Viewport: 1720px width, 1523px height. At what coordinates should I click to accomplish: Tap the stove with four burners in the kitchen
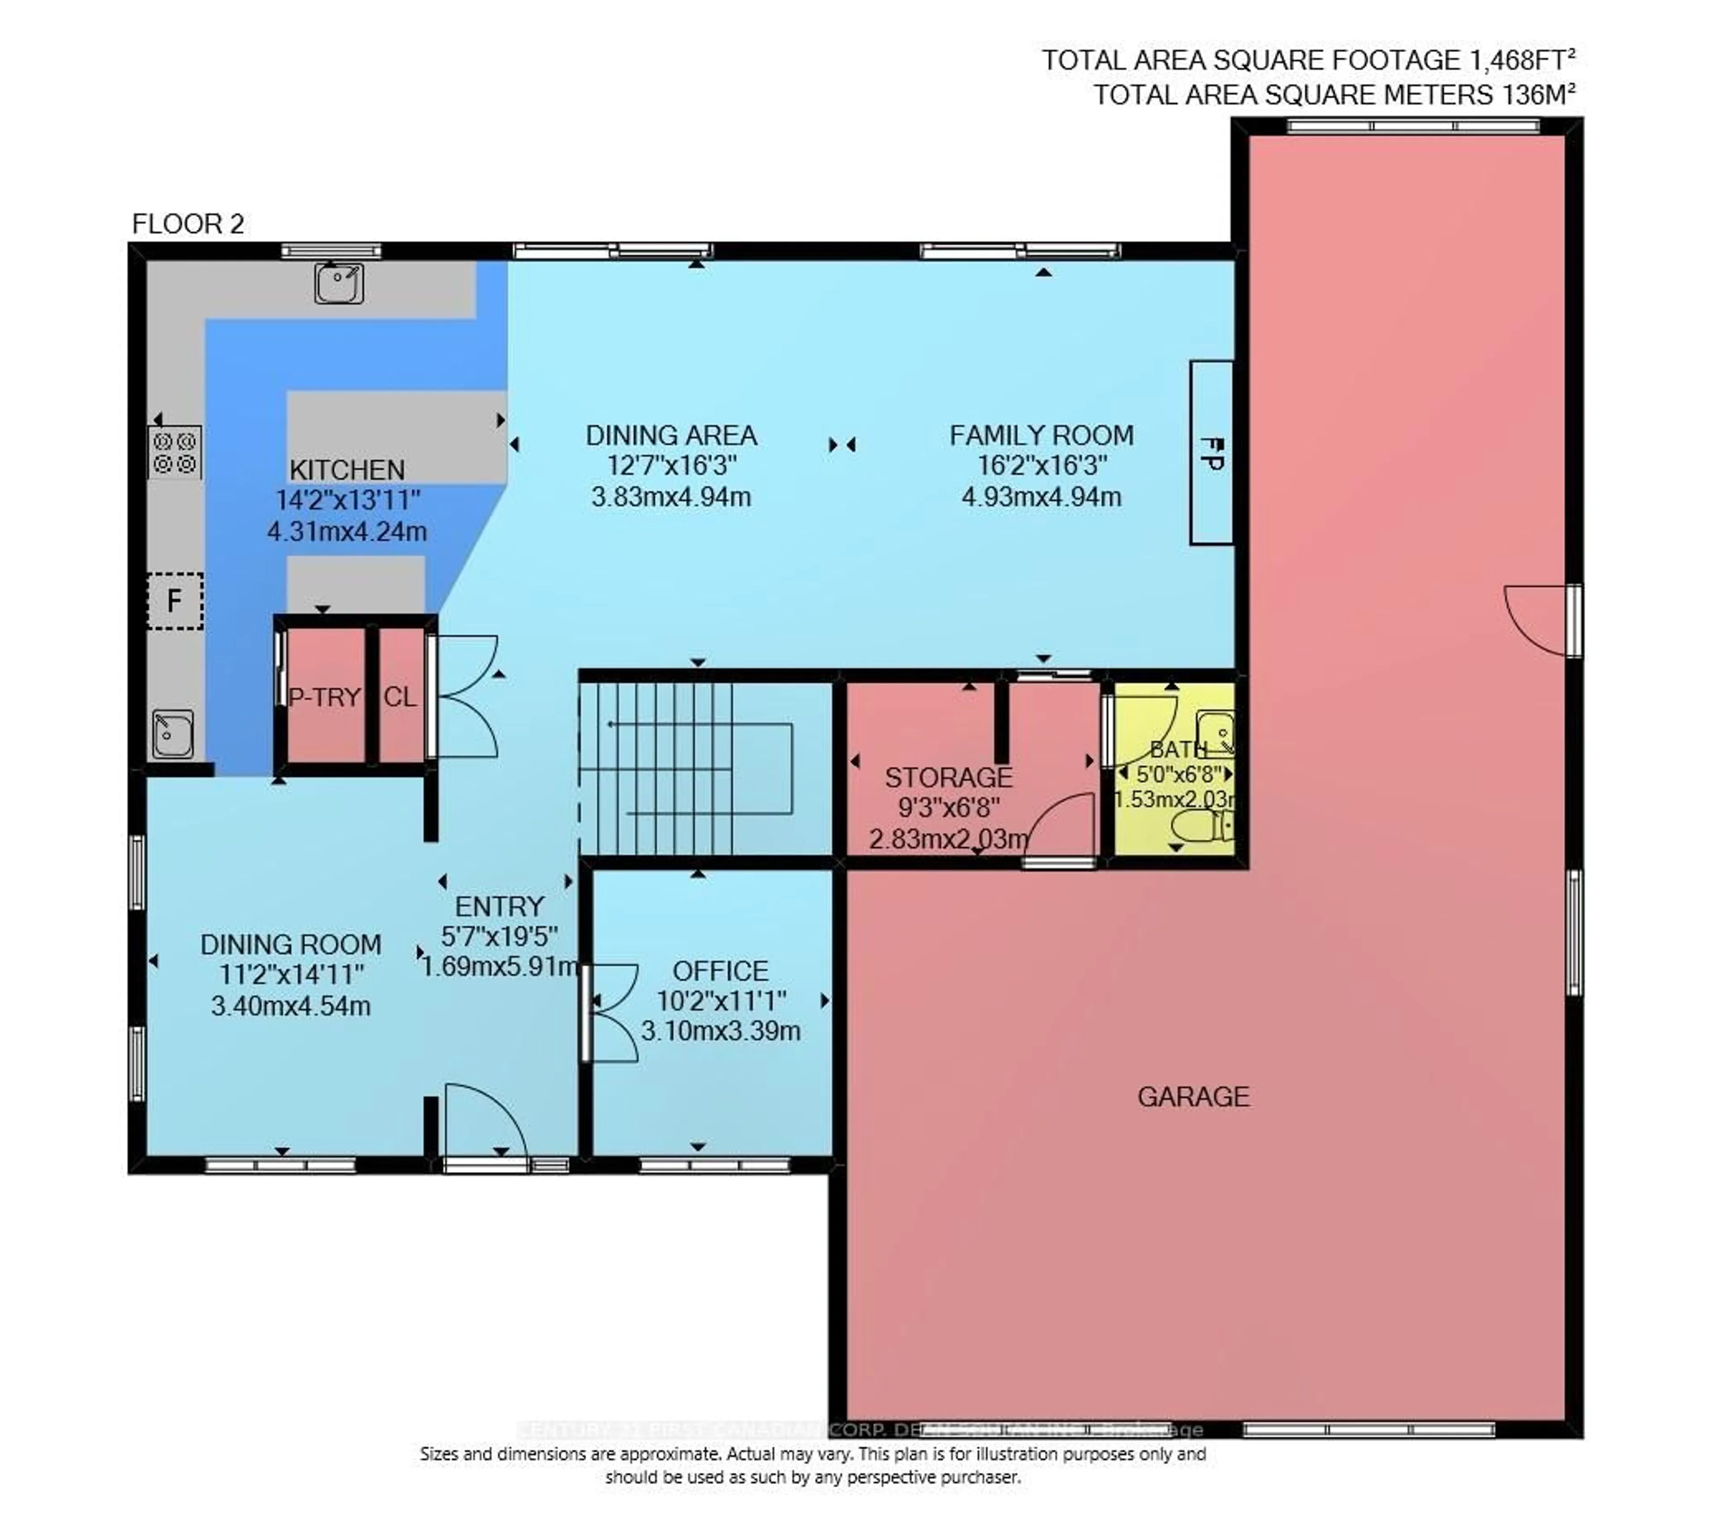click(x=175, y=453)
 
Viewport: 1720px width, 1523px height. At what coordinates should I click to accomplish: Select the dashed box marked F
click(x=175, y=601)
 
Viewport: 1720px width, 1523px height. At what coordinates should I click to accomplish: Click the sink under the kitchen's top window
click(x=339, y=283)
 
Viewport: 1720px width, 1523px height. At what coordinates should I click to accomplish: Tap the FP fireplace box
click(x=1211, y=453)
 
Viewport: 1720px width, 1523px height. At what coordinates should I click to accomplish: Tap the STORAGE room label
click(x=948, y=777)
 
